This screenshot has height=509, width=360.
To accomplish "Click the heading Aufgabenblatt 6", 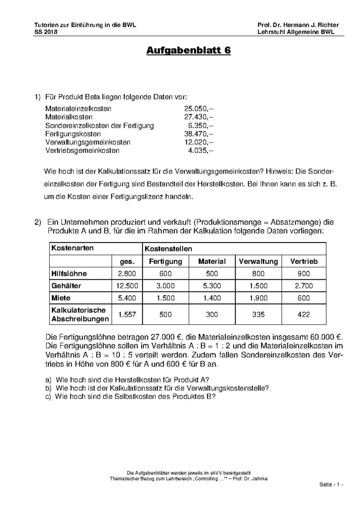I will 188,51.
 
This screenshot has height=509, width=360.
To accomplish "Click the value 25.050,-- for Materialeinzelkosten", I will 199,109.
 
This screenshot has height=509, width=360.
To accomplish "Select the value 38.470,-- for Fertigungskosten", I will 199,134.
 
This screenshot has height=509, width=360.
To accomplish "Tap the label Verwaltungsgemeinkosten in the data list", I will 88,142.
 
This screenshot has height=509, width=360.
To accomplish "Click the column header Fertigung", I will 165,261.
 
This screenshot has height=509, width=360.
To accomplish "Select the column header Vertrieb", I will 304,261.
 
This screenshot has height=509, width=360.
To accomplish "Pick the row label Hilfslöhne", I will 69,274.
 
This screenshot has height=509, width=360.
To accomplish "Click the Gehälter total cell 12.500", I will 127,286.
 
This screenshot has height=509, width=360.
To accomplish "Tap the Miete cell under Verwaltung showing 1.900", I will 258,298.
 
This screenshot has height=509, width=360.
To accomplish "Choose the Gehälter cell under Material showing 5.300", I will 212,286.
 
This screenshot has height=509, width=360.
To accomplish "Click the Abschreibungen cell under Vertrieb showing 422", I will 304,314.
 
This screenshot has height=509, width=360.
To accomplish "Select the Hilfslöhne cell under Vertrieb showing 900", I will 304,274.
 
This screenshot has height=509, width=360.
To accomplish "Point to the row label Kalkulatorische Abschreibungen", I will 80,314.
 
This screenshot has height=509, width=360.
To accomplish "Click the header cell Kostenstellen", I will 168,249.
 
